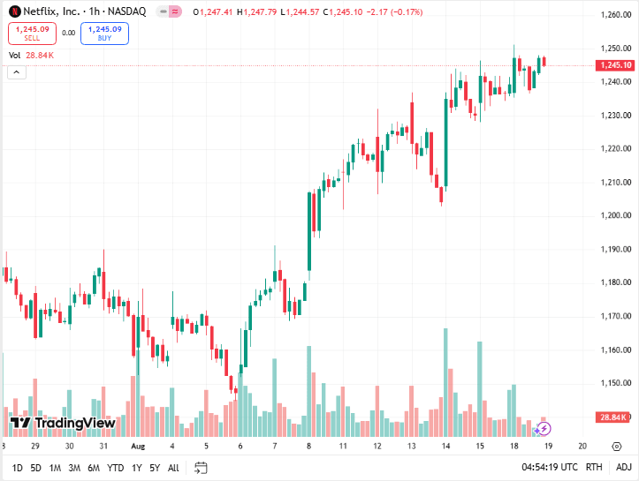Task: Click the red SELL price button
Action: pyautogui.click(x=32, y=34)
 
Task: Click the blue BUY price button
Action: pyautogui.click(x=104, y=34)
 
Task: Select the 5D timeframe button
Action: pyautogui.click(x=35, y=468)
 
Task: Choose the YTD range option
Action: pyautogui.click(x=115, y=468)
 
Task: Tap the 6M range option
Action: pyautogui.click(x=94, y=468)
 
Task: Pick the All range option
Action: pyautogui.click(x=173, y=468)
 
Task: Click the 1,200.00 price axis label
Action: pyautogui.click(x=614, y=215)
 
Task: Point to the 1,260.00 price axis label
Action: pyautogui.click(x=614, y=15)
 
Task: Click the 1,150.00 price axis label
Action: pyautogui.click(x=614, y=383)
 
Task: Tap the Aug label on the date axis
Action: pyautogui.click(x=137, y=447)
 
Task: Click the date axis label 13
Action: pyautogui.click(x=412, y=447)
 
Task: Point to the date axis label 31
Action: pyautogui.click(x=103, y=447)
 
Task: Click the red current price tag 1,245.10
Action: pyautogui.click(x=614, y=65)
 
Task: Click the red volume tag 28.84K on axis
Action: pyautogui.click(x=612, y=417)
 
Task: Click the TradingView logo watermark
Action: pyautogui.click(x=63, y=424)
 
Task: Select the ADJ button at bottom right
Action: pyautogui.click(x=623, y=468)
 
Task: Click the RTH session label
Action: pyautogui.click(x=594, y=468)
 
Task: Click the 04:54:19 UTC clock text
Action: pyautogui.click(x=549, y=468)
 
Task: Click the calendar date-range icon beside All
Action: pyautogui.click(x=201, y=468)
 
